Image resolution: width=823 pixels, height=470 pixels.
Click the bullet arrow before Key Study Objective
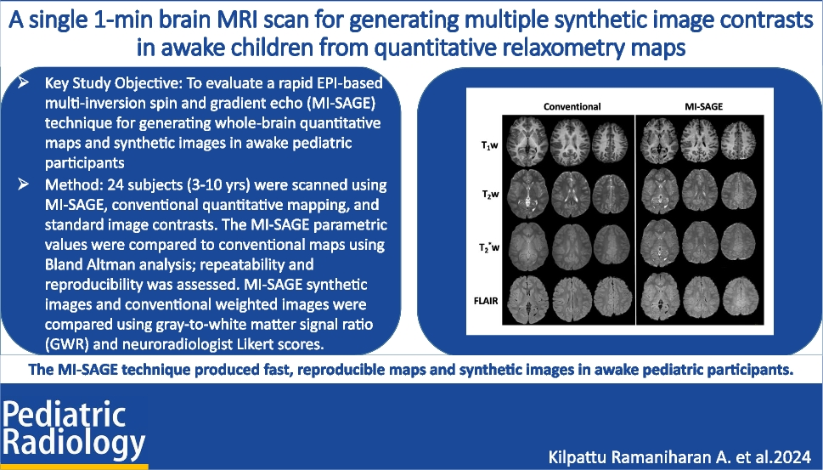(31, 86)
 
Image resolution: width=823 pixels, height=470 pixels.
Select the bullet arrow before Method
(31, 184)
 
